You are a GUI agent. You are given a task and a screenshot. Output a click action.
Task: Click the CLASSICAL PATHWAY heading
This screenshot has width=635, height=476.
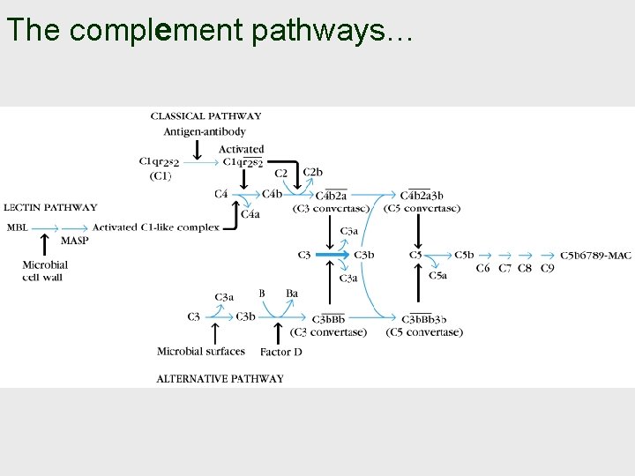click(205, 115)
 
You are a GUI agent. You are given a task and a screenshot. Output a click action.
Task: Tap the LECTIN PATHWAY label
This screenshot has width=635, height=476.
click(51, 208)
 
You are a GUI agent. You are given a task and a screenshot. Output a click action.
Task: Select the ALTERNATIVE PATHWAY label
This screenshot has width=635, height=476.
click(220, 378)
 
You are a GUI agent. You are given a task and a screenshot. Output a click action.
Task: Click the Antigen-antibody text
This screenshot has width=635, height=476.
click(205, 131)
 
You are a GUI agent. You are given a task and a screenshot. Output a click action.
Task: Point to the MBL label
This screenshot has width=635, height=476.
click(17, 227)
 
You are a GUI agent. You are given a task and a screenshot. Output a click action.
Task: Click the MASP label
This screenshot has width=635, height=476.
click(74, 241)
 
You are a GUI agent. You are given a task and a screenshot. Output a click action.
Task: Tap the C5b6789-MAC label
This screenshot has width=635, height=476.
click(595, 255)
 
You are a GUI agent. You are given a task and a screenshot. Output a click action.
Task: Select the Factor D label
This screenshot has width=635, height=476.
click(280, 352)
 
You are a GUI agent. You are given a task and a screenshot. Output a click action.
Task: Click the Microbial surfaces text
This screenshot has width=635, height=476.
click(200, 351)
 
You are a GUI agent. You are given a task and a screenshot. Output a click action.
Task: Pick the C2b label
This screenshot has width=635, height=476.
click(312, 172)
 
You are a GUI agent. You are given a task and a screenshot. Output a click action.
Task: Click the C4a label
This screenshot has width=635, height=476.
click(250, 214)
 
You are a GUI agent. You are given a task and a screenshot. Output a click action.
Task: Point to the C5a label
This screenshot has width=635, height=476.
click(437, 275)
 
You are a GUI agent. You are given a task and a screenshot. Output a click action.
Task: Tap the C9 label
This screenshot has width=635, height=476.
click(547, 268)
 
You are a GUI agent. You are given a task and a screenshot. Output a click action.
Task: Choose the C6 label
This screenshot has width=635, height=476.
click(483, 268)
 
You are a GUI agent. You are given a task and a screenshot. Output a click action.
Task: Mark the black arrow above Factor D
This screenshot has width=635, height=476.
click(280, 333)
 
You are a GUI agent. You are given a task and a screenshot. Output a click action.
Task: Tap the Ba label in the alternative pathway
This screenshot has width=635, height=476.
click(292, 294)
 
